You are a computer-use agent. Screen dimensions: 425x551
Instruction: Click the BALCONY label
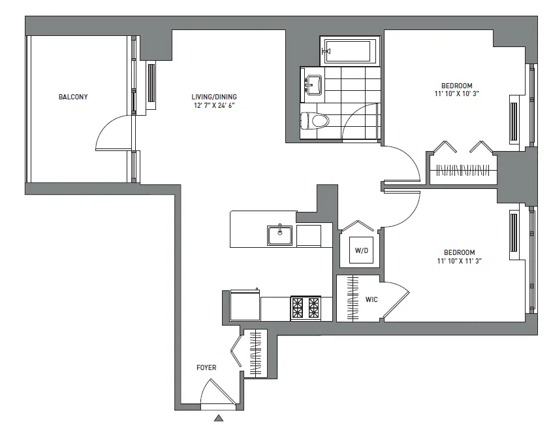click(73, 97)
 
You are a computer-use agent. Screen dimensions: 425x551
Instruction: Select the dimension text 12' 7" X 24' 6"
click(213, 105)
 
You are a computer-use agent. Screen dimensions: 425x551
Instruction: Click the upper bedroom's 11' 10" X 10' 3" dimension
click(456, 94)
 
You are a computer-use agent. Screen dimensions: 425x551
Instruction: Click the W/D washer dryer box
click(361, 250)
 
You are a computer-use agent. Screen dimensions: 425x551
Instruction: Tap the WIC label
click(371, 299)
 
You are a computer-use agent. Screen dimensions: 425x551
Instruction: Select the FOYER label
click(206, 367)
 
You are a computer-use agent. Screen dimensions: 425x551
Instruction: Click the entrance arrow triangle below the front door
click(219, 417)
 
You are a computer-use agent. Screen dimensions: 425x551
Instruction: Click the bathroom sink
click(313, 84)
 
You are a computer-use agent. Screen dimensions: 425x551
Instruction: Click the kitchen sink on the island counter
click(280, 234)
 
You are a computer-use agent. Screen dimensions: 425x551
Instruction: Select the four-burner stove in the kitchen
click(305, 306)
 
